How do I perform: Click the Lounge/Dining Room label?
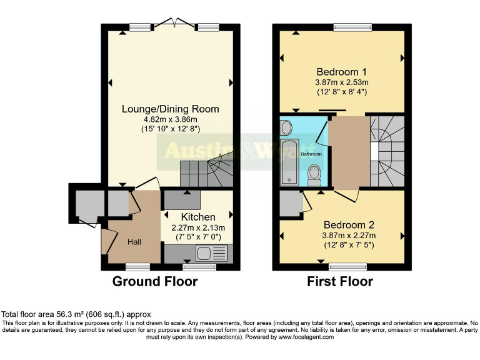[x=170, y=109]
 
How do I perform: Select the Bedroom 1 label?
[x=341, y=70]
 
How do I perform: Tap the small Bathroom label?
[x=312, y=154]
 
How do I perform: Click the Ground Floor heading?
[x=154, y=282]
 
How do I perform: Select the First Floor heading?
[x=340, y=282]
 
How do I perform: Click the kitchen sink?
[x=204, y=253]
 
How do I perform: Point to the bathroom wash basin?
[x=286, y=128]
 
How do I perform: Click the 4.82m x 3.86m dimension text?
[x=170, y=119]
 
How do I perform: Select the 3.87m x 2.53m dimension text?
[x=341, y=81]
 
